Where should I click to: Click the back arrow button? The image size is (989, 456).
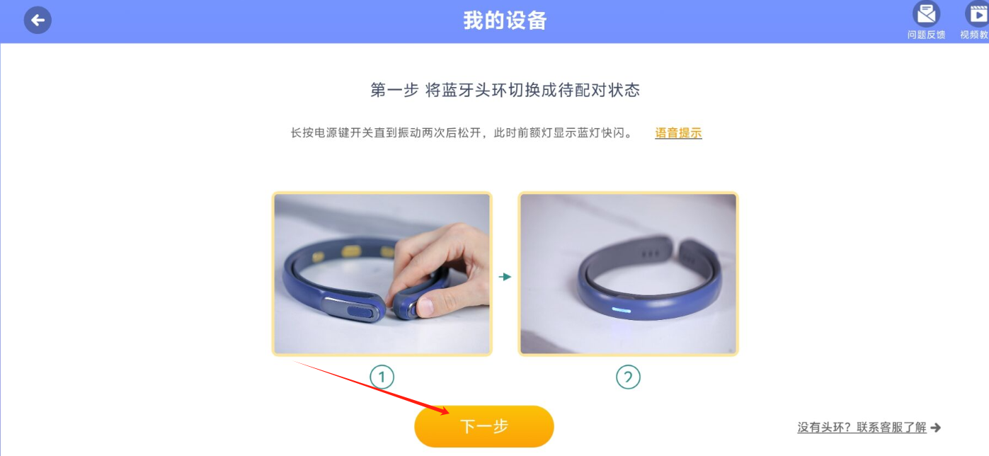coord(38,20)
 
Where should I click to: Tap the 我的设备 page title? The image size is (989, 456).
coord(505,21)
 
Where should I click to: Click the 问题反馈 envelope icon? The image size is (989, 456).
coord(926,13)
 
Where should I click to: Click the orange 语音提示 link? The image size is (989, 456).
coord(678,133)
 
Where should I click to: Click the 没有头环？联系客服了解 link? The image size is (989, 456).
coord(862,427)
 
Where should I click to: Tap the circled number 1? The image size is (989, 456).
coord(382,377)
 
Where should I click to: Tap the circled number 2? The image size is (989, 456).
coord(628,377)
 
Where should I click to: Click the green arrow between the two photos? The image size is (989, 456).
coord(505,277)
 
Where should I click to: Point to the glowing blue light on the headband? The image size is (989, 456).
coord(621,310)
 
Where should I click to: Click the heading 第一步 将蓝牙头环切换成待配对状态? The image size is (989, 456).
coord(505,90)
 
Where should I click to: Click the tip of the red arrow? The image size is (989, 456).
coord(449,414)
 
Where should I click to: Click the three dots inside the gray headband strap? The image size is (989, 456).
coord(651,253)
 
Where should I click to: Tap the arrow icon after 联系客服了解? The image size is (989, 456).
coord(936,427)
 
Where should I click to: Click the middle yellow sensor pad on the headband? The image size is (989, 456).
coord(351,251)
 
